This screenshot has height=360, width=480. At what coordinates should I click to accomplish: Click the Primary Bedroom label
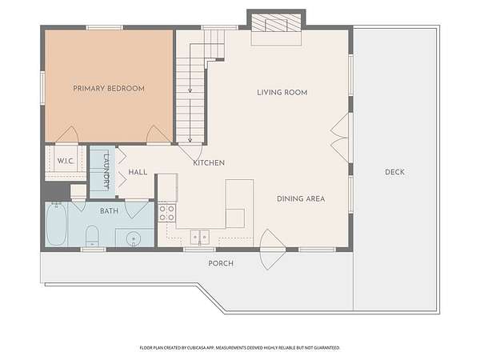(x=109, y=89)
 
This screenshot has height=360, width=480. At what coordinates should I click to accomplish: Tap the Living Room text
(x=282, y=93)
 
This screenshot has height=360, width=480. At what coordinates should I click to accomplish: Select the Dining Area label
(x=301, y=199)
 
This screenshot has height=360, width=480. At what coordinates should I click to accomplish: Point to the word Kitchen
(x=209, y=163)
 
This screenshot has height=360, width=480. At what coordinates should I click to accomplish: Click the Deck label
(x=394, y=172)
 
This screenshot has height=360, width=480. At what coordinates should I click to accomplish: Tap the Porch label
(x=221, y=263)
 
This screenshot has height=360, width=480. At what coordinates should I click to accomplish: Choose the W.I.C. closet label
(x=66, y=161)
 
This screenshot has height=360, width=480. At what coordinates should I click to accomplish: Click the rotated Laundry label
(x=106, y=170)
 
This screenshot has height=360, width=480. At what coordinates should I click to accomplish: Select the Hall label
(x=138, y=172)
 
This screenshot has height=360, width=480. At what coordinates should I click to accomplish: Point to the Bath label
(x=109, y=211)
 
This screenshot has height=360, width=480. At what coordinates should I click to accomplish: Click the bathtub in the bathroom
(x=56, y=223)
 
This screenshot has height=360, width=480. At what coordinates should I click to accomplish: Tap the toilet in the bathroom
(x=92, y=236)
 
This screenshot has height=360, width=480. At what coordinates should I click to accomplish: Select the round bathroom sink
(x=134, y=238)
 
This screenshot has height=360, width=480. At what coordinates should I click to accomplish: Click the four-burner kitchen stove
(x=167, y=213)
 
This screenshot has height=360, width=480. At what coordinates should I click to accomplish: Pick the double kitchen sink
(x=200, y=237)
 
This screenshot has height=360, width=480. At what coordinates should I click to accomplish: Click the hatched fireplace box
(x=276, y=22)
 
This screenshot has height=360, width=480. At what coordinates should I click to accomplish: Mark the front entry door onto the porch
(x=273, y=250)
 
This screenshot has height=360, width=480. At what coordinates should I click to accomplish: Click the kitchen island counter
(x=239, y=203)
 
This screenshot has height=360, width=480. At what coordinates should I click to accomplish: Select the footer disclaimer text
(x=240, y=348)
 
